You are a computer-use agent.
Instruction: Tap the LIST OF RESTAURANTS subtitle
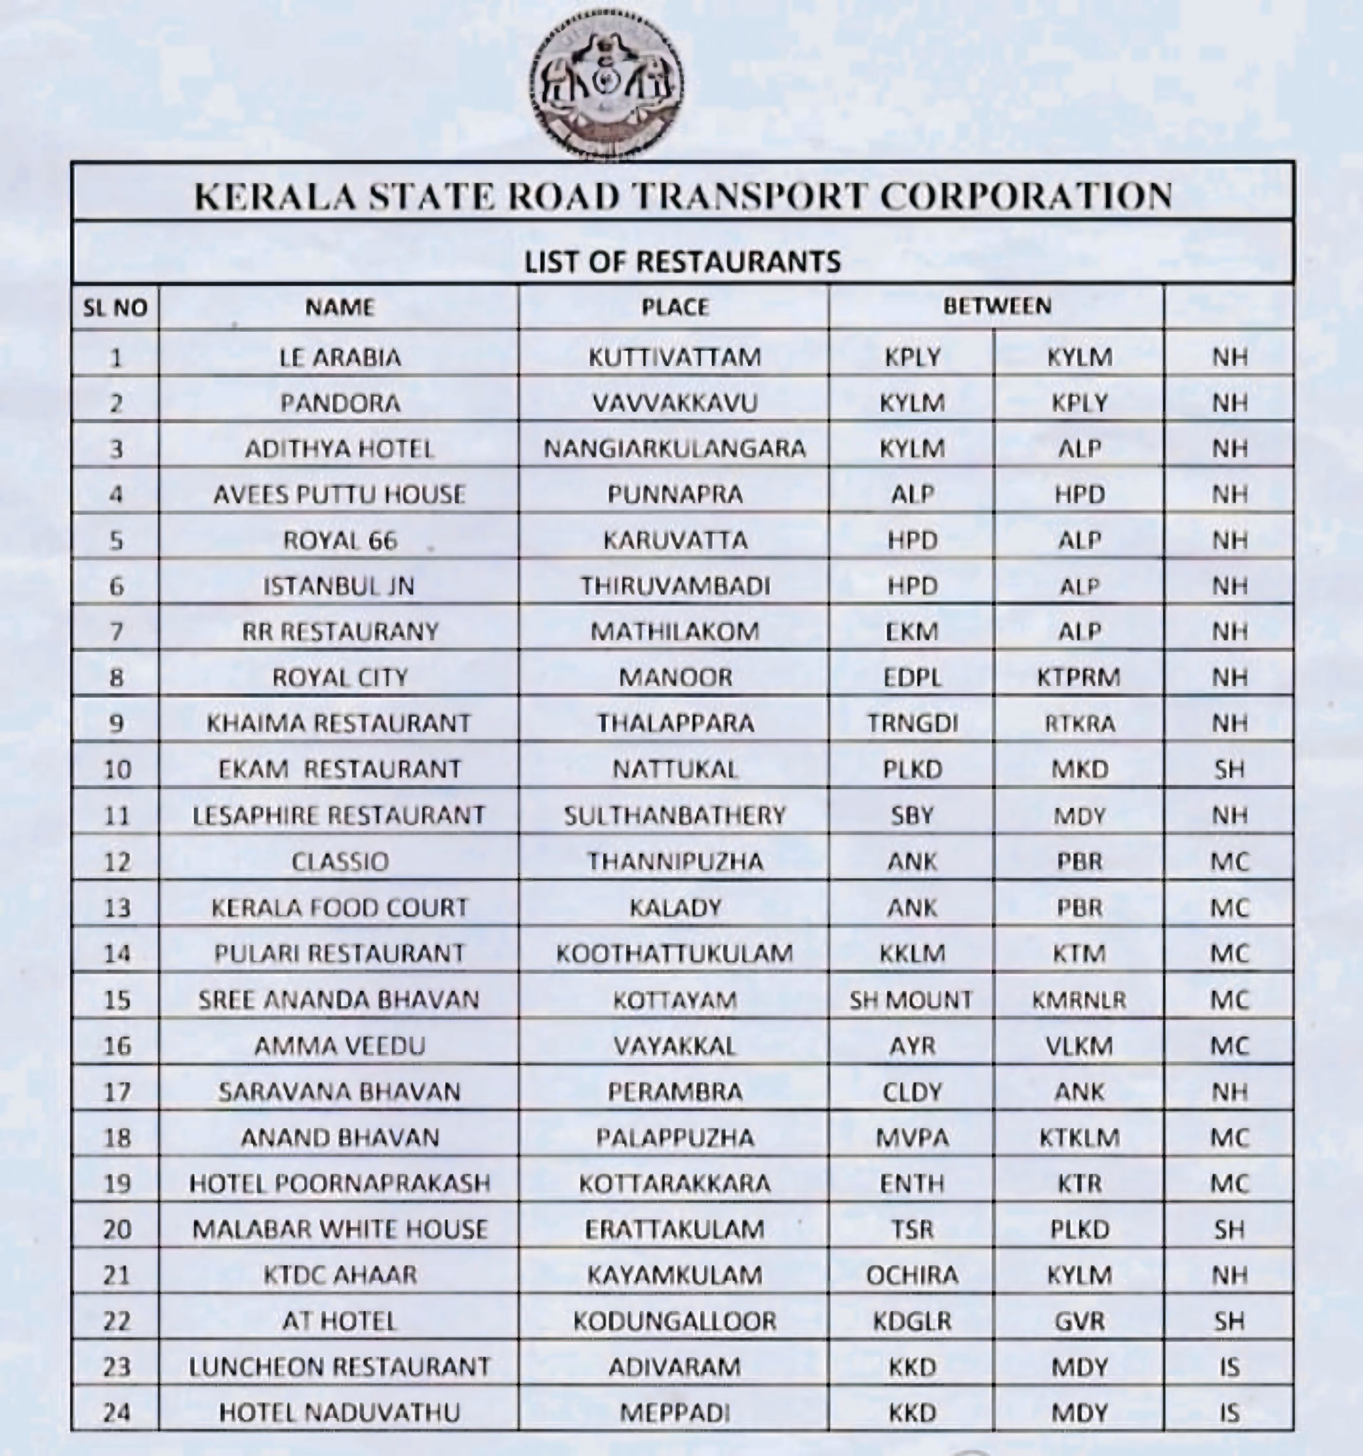[682, 261]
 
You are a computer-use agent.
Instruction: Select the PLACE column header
[674, 306]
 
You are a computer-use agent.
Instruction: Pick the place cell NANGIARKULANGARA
[674, 448]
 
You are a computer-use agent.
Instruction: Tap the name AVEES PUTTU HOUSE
[339, 495]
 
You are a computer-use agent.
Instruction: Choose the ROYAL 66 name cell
[339, 541]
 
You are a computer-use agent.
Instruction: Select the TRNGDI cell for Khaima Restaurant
[912, 723]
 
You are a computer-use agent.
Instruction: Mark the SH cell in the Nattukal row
[1229, 769]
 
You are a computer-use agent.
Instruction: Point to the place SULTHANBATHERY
[674, 815]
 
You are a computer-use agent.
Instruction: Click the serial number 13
[116, 907]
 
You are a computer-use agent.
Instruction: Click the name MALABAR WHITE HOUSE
[339, 1229]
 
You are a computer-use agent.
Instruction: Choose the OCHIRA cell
[912, 1275]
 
